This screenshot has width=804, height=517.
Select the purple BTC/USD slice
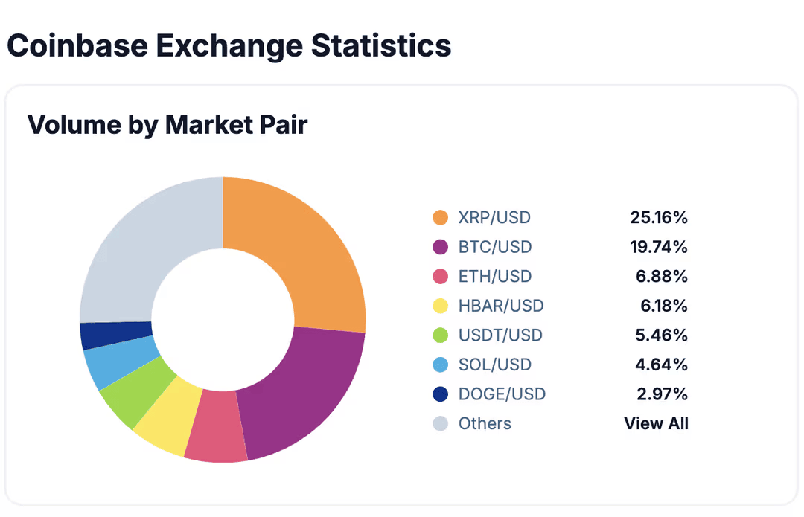pyautogui.click(x=305, y=394)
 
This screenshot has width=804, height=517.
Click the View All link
pyautogui.click(x=656, y=423)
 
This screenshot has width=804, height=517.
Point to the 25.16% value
pyautogui.click(x=659, y=218)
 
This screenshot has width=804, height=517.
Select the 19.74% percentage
pyautogui.click(x=659, y=247)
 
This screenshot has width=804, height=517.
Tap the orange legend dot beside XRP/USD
pyautogui.click(x=441, y=218)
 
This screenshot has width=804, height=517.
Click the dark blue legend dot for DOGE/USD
pyautogui.click(x=441, y=394)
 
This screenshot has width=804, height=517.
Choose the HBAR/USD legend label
pyautogui.click(x=501, y=306)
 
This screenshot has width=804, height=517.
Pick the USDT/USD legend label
pyautogui.click(x=500, y=335)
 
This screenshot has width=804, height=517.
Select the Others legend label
pyautogui.click(x=485, y=423)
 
